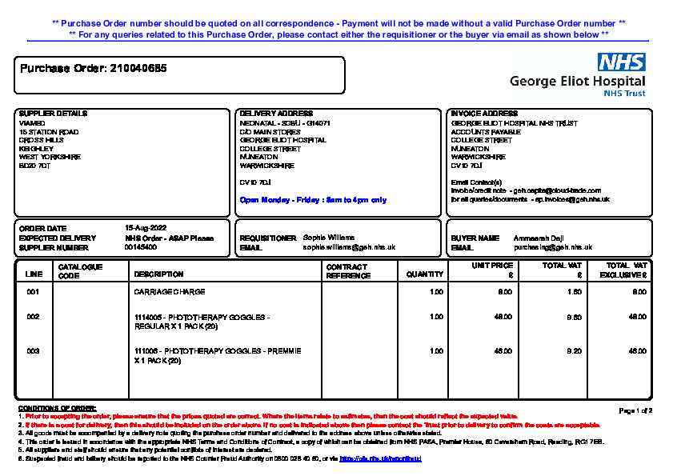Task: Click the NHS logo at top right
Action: coord(622,63)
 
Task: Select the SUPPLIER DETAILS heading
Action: coord(53,114)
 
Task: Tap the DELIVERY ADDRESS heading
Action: coord(276,114)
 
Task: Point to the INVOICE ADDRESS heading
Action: coord(484,114)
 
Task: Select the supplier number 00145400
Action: coord(140,247)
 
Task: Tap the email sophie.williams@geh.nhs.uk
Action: coord(349,247)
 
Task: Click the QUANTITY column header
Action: coord(425,274)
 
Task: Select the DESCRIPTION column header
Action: coord(158,274)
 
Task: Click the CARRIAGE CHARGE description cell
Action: coord(170,292)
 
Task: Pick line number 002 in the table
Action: coord(33,317)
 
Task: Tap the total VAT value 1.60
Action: coord(575,292)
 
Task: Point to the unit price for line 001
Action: coord(505,292)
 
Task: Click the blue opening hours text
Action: coord(313,200)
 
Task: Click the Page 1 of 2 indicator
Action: coord(636,410)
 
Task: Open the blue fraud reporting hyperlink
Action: coord(380,459)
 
